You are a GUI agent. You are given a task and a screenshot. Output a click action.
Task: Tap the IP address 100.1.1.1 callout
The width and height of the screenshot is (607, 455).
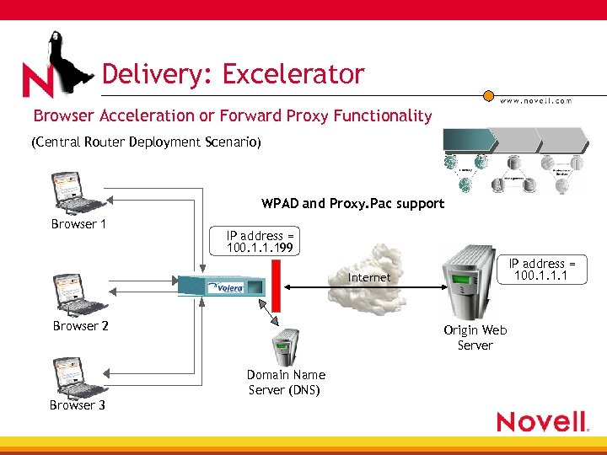(x=541, y=270)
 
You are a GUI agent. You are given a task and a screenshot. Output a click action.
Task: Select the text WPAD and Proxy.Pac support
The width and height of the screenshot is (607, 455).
(x=352, y=203)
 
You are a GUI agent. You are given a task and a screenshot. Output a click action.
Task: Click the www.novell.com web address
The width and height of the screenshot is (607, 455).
(x=536, y=100)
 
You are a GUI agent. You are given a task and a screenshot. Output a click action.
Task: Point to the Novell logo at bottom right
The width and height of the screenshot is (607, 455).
(x=541, y=420)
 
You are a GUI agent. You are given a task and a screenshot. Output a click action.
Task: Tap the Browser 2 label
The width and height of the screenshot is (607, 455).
(x=80, y=326)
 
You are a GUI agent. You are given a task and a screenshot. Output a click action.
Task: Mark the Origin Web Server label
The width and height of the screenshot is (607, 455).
(x=475, y=338)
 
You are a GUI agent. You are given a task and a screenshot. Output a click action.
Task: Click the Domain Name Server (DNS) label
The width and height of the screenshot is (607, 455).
(x=286, y=382)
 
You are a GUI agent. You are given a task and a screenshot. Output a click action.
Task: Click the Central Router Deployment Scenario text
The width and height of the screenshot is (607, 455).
(x=147, y=142)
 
